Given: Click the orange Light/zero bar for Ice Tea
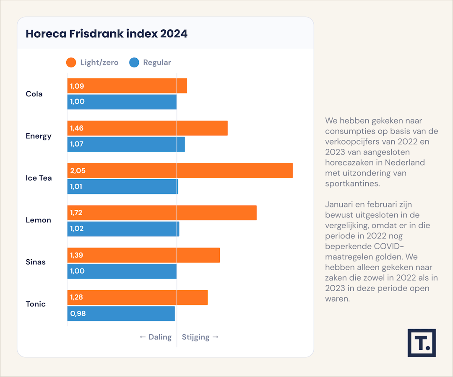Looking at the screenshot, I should (x=180, y=170).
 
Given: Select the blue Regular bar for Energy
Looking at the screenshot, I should (x=126, y=144).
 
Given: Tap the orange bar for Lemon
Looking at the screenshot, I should (x=162, y=213).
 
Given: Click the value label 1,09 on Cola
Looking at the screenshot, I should (x=77, y=86).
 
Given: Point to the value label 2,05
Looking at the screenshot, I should (x=78, y=170).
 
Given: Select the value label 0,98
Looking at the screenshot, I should (x=78, y=313).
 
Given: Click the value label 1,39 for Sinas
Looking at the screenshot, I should (x=77, y=255).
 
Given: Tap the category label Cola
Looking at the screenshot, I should (x=34, y=94).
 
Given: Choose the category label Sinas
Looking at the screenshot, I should (x=36, y=262).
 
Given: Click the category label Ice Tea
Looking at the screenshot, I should (x=39, y=178).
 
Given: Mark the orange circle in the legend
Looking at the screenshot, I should (x=71, y=63).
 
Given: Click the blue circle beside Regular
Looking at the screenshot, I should (x=134, y=63).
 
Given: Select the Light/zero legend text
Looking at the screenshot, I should (x=99, y=63).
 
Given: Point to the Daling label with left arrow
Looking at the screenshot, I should (x=156, y=337).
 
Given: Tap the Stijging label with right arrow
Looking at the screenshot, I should (x=200, y=337).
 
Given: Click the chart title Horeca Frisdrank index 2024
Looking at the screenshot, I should (x=107, y=34).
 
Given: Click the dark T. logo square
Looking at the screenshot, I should (x=422, y=343).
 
